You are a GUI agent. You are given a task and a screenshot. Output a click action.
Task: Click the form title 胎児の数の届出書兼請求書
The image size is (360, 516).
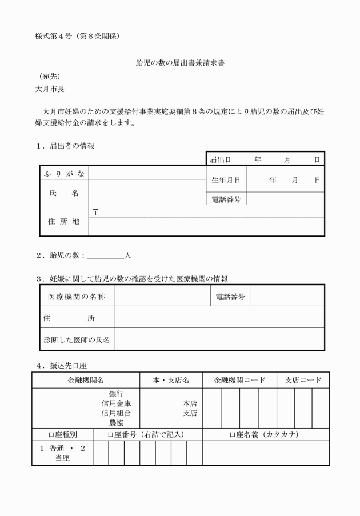tap(180, 63)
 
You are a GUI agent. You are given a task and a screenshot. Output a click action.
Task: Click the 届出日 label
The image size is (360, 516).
tap(221, 159)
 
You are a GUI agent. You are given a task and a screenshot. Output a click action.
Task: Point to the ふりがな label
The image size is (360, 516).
tap(65, 173)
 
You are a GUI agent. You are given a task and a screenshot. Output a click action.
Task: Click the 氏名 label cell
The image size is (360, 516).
tap(65, 193)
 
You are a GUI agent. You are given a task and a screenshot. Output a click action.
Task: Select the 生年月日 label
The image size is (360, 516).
tap(226, 179)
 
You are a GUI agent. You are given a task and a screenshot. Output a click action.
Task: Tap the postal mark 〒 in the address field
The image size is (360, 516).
tap(95, 211)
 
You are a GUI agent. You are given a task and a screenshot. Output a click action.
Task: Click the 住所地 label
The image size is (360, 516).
tap(64, 221)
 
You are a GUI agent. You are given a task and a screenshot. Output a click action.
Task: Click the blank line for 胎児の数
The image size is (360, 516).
tap(106, 255)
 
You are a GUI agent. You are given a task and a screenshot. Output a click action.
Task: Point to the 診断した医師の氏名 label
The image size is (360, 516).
tap(78, 339)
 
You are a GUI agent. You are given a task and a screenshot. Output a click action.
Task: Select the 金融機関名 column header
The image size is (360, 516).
tap(86, 380)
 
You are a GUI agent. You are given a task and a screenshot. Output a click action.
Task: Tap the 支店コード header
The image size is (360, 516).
tap(303, 380)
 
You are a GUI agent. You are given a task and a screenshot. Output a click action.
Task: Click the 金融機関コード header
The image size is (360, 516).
tap(239, 380)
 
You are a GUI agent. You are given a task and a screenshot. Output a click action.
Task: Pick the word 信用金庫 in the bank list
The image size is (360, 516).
tap(117, 403)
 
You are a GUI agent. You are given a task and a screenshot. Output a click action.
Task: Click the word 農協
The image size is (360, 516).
tap(117, 423)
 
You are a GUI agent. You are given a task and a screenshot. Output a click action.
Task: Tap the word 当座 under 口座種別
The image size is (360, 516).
tap(62, 458)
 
